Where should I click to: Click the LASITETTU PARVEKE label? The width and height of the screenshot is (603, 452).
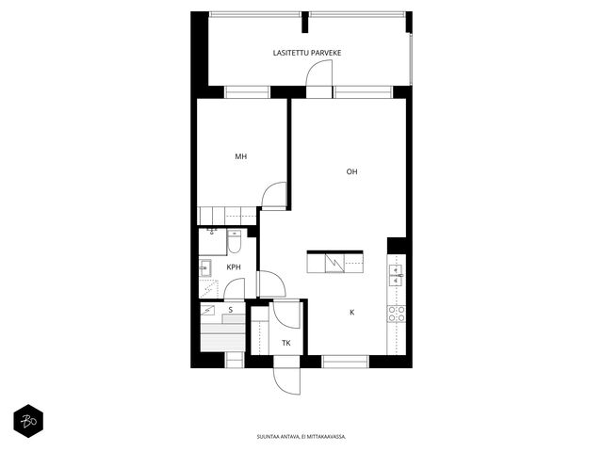point(307,53)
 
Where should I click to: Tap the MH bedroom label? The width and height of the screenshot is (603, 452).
point(241,156)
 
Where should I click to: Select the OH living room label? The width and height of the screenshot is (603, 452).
point(351,171)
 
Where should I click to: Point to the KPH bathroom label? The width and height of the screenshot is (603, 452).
point(234,267)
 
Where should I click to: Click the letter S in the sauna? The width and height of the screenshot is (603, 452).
point(231,310)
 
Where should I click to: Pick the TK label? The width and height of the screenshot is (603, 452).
point(286,343)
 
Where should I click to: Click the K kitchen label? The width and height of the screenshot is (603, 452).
point(351,313)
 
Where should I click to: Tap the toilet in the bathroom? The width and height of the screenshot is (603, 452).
point(234,241)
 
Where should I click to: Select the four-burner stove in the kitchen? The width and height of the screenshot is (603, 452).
point(396,314)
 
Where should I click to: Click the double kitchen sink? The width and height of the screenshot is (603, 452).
point(396,276)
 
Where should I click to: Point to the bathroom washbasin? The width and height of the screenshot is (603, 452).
point(205,267)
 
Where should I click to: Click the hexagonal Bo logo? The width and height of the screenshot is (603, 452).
point(28,421)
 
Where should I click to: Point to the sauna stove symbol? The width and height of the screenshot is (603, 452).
point(208,310)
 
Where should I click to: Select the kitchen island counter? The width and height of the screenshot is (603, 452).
point(335,263)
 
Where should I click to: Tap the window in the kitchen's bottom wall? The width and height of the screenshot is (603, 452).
point(345,362)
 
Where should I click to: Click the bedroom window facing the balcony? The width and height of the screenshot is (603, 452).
point(247,92)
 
